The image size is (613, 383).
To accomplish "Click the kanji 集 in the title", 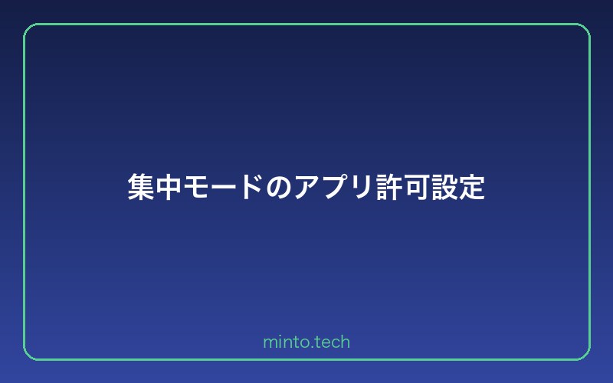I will point(141,187).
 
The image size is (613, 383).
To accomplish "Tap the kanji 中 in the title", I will point(169,187).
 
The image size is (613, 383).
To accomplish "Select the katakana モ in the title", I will point(196,187).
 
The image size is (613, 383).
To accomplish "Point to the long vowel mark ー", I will point(224,187).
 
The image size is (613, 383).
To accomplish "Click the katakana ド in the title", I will point(251,187).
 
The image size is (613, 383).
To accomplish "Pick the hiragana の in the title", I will point(279,187).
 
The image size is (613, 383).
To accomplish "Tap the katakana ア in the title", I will point(306,187).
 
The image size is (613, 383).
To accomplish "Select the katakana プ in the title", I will point(334,187).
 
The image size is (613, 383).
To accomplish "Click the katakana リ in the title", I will point(361,187).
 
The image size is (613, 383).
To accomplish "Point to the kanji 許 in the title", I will point(388,187).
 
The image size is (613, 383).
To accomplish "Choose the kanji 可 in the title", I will point(416,187).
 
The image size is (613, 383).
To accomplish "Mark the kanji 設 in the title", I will point(444,187).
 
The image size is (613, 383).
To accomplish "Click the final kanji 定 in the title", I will point(471,187).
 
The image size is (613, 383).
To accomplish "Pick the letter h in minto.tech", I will point(346,342).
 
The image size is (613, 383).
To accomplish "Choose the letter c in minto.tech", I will point(335,342).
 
